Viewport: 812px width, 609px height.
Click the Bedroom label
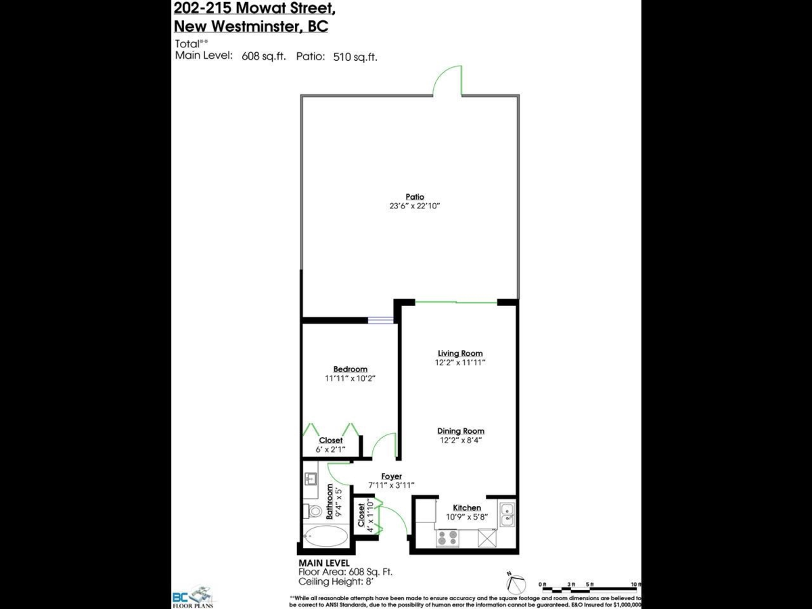pyautogui.click(x=350, y=369)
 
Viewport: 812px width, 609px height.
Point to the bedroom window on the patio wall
pyautogui.click(x=381, y=320)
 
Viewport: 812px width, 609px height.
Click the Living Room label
pyautogui.click(x=460, y=353)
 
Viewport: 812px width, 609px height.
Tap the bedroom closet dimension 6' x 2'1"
pyautogui.click(x=331, y=449)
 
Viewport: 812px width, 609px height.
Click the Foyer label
pyautogui.click(x=391, y=476)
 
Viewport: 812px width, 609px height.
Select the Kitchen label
pyautogui.click(x=467, y=507)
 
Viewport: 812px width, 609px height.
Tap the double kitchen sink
pyautogui.click(x=506, y=516)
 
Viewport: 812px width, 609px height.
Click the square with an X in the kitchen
pyautogui.click(x=487, y=538)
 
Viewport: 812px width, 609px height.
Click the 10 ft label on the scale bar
pyautogui.click(x=635, y=583)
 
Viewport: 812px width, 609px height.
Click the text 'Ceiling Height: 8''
pyautogui.click(x=336, y=581)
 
